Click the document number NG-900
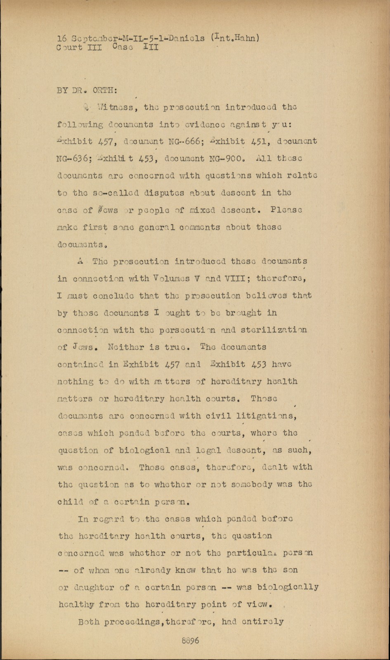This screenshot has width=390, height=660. pyautogui.click(x=222, y=158)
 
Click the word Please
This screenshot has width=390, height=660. pyautogui.click(x=286, y=210)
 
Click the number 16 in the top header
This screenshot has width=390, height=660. pyautogui.click(x=62, y=38)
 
